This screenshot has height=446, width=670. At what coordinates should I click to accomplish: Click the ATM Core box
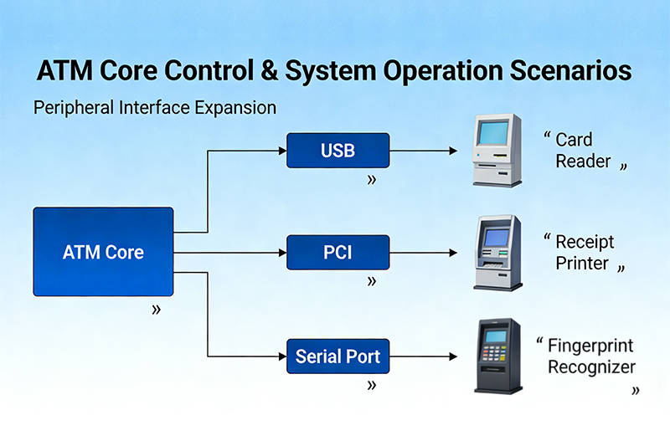(103, 251)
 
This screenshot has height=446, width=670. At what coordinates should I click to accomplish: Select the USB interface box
(338, 151)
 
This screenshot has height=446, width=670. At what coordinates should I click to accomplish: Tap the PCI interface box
(338, 252)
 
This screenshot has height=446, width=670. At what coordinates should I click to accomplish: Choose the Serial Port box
(338, 356)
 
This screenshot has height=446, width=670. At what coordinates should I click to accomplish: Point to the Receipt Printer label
(584, 252)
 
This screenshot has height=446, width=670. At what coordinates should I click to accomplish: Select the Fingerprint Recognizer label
(590, 356)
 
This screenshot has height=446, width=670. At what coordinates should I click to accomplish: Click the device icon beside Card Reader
(497, 151)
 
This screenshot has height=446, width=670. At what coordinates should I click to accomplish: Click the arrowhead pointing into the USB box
(281, 151)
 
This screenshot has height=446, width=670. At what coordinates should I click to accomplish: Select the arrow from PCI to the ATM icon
(424, 252)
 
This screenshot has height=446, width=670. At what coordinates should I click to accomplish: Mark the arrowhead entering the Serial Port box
(281, 356)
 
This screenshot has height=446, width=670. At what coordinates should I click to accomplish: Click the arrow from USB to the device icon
(424, 151)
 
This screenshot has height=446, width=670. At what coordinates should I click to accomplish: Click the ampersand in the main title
(265, 71)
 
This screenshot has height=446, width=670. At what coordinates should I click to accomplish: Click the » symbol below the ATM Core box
(156, 310)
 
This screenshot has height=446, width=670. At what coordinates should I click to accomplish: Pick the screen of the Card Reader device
(493, 133)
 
